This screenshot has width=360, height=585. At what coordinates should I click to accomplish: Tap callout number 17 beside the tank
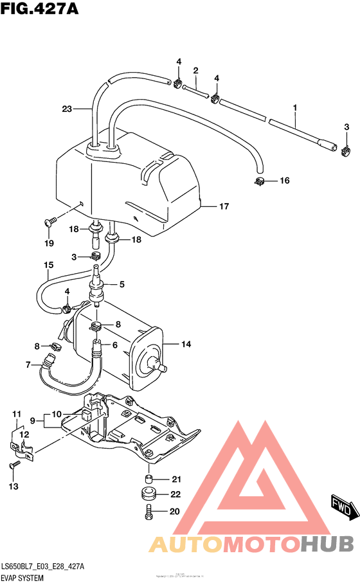pos(224,207)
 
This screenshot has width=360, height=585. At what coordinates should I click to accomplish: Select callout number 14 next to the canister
pos(185,345)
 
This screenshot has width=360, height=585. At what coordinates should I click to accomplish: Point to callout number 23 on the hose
pos(69,109)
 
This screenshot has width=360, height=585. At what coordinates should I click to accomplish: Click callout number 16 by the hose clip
pos(284,181)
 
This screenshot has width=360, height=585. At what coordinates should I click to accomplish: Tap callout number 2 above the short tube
pos(195,70)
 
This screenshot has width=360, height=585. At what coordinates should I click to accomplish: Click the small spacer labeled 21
pos(148,479)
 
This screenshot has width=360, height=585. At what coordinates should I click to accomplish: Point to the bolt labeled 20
pos(148,512)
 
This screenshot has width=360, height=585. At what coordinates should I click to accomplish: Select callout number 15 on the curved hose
pos(48,265)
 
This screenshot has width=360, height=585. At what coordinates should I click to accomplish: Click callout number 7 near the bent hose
pos(28,365)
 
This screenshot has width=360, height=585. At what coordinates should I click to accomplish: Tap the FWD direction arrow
pos(344,507)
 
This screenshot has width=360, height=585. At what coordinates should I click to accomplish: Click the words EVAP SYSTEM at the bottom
pos(22,578)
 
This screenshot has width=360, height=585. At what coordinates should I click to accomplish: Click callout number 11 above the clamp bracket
pos(17,413)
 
